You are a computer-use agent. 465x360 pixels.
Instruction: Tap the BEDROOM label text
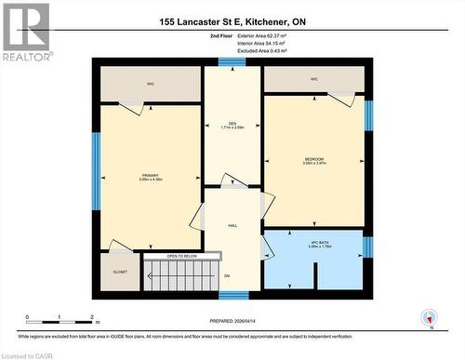click(314, 159)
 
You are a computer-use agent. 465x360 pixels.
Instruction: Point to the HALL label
click(232, 225)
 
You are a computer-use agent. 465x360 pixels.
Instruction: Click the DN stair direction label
click(226, 274)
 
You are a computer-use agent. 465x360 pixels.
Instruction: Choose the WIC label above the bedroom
click(314, 79)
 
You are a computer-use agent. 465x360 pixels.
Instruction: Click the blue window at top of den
click(232, 61)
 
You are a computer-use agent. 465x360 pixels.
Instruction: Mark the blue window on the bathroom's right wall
click(367, 247)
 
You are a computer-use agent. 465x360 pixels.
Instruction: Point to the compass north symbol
click(430, 317)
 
